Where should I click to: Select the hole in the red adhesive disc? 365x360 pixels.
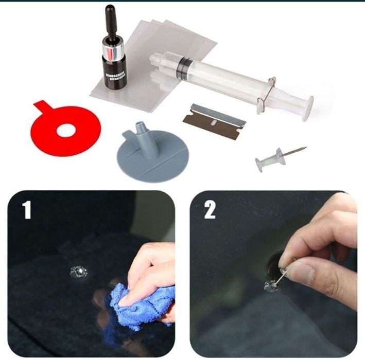point(65,131)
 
